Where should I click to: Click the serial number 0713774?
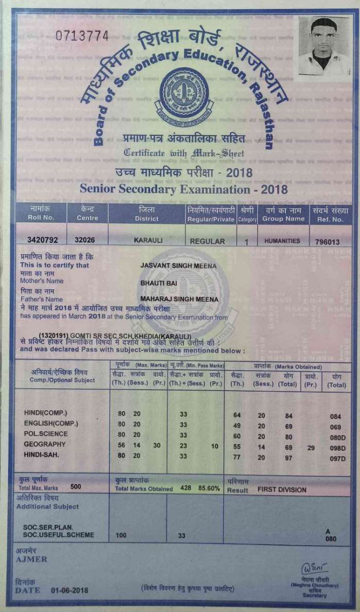(82, 36)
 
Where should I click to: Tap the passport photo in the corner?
(323, 45)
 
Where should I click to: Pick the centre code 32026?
(85, 240)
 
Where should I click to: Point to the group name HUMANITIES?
(282, 240)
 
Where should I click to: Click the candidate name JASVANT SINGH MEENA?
(178, 266)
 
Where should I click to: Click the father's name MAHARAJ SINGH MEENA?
(179, 299)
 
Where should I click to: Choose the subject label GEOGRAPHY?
(45, 444)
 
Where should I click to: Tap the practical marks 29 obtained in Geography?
(311, 448)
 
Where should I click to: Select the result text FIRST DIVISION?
(282, 490)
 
